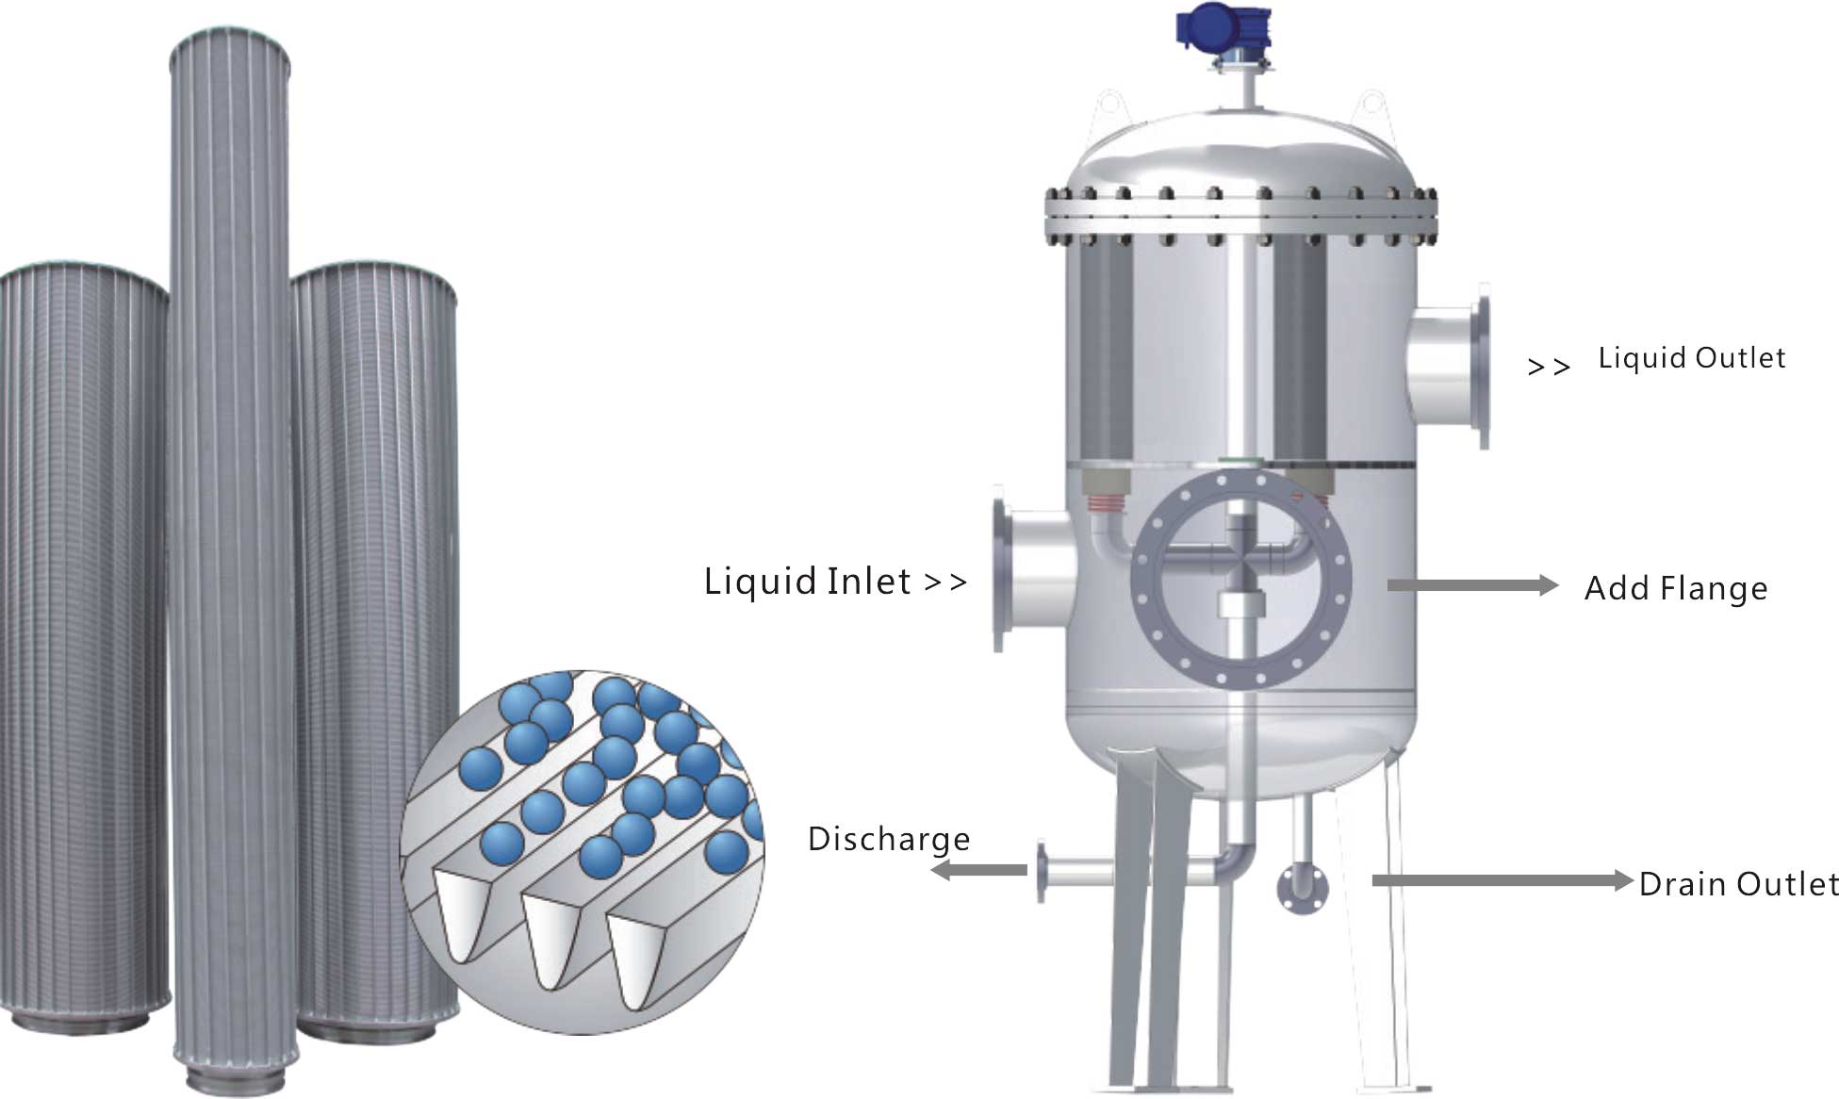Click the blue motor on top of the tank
pyautogui.click(x=1223, y=27)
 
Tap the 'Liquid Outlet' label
pyautogui.click(x=1691, y=358)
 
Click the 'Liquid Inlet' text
pyautogui.click(x=807, y=581)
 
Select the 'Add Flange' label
pyautogui.click(x=1675, y=588)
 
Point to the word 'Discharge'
pyautogui.click(x=888, y=839)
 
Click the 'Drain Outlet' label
pyautogui.click(x=1737, y=884)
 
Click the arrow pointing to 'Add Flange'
pyautogui.click(x=1471, y=585)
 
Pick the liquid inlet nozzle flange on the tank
pyautogui.click(x=1000, y=575)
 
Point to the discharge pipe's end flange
pyautogui.click(x=1042, y=871)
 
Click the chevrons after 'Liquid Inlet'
pyautogui.click(x=945, y=582)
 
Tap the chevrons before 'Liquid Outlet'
pyautogui.click(x=1548, y=367)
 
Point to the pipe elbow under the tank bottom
pyautogui.click(x=1236, y=857)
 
